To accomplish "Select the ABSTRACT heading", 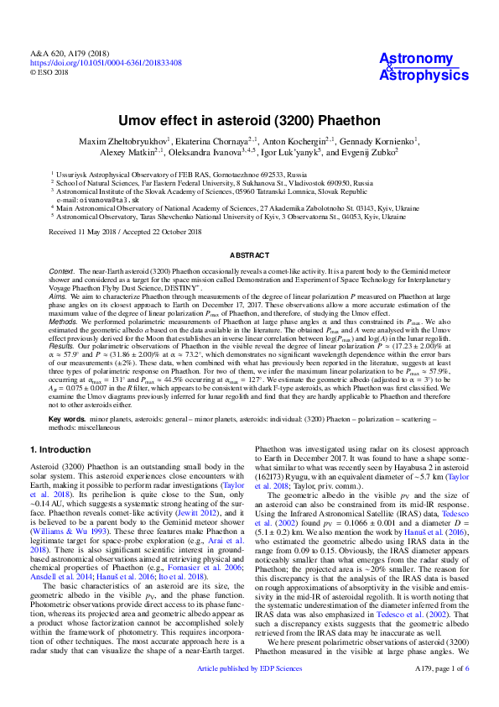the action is click(x=249, y=253).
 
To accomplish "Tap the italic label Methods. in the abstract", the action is click(x=65, y=321).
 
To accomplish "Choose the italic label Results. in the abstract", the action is click(x=63, y=344).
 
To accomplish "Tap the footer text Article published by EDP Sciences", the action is click(x=249, y=691).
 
